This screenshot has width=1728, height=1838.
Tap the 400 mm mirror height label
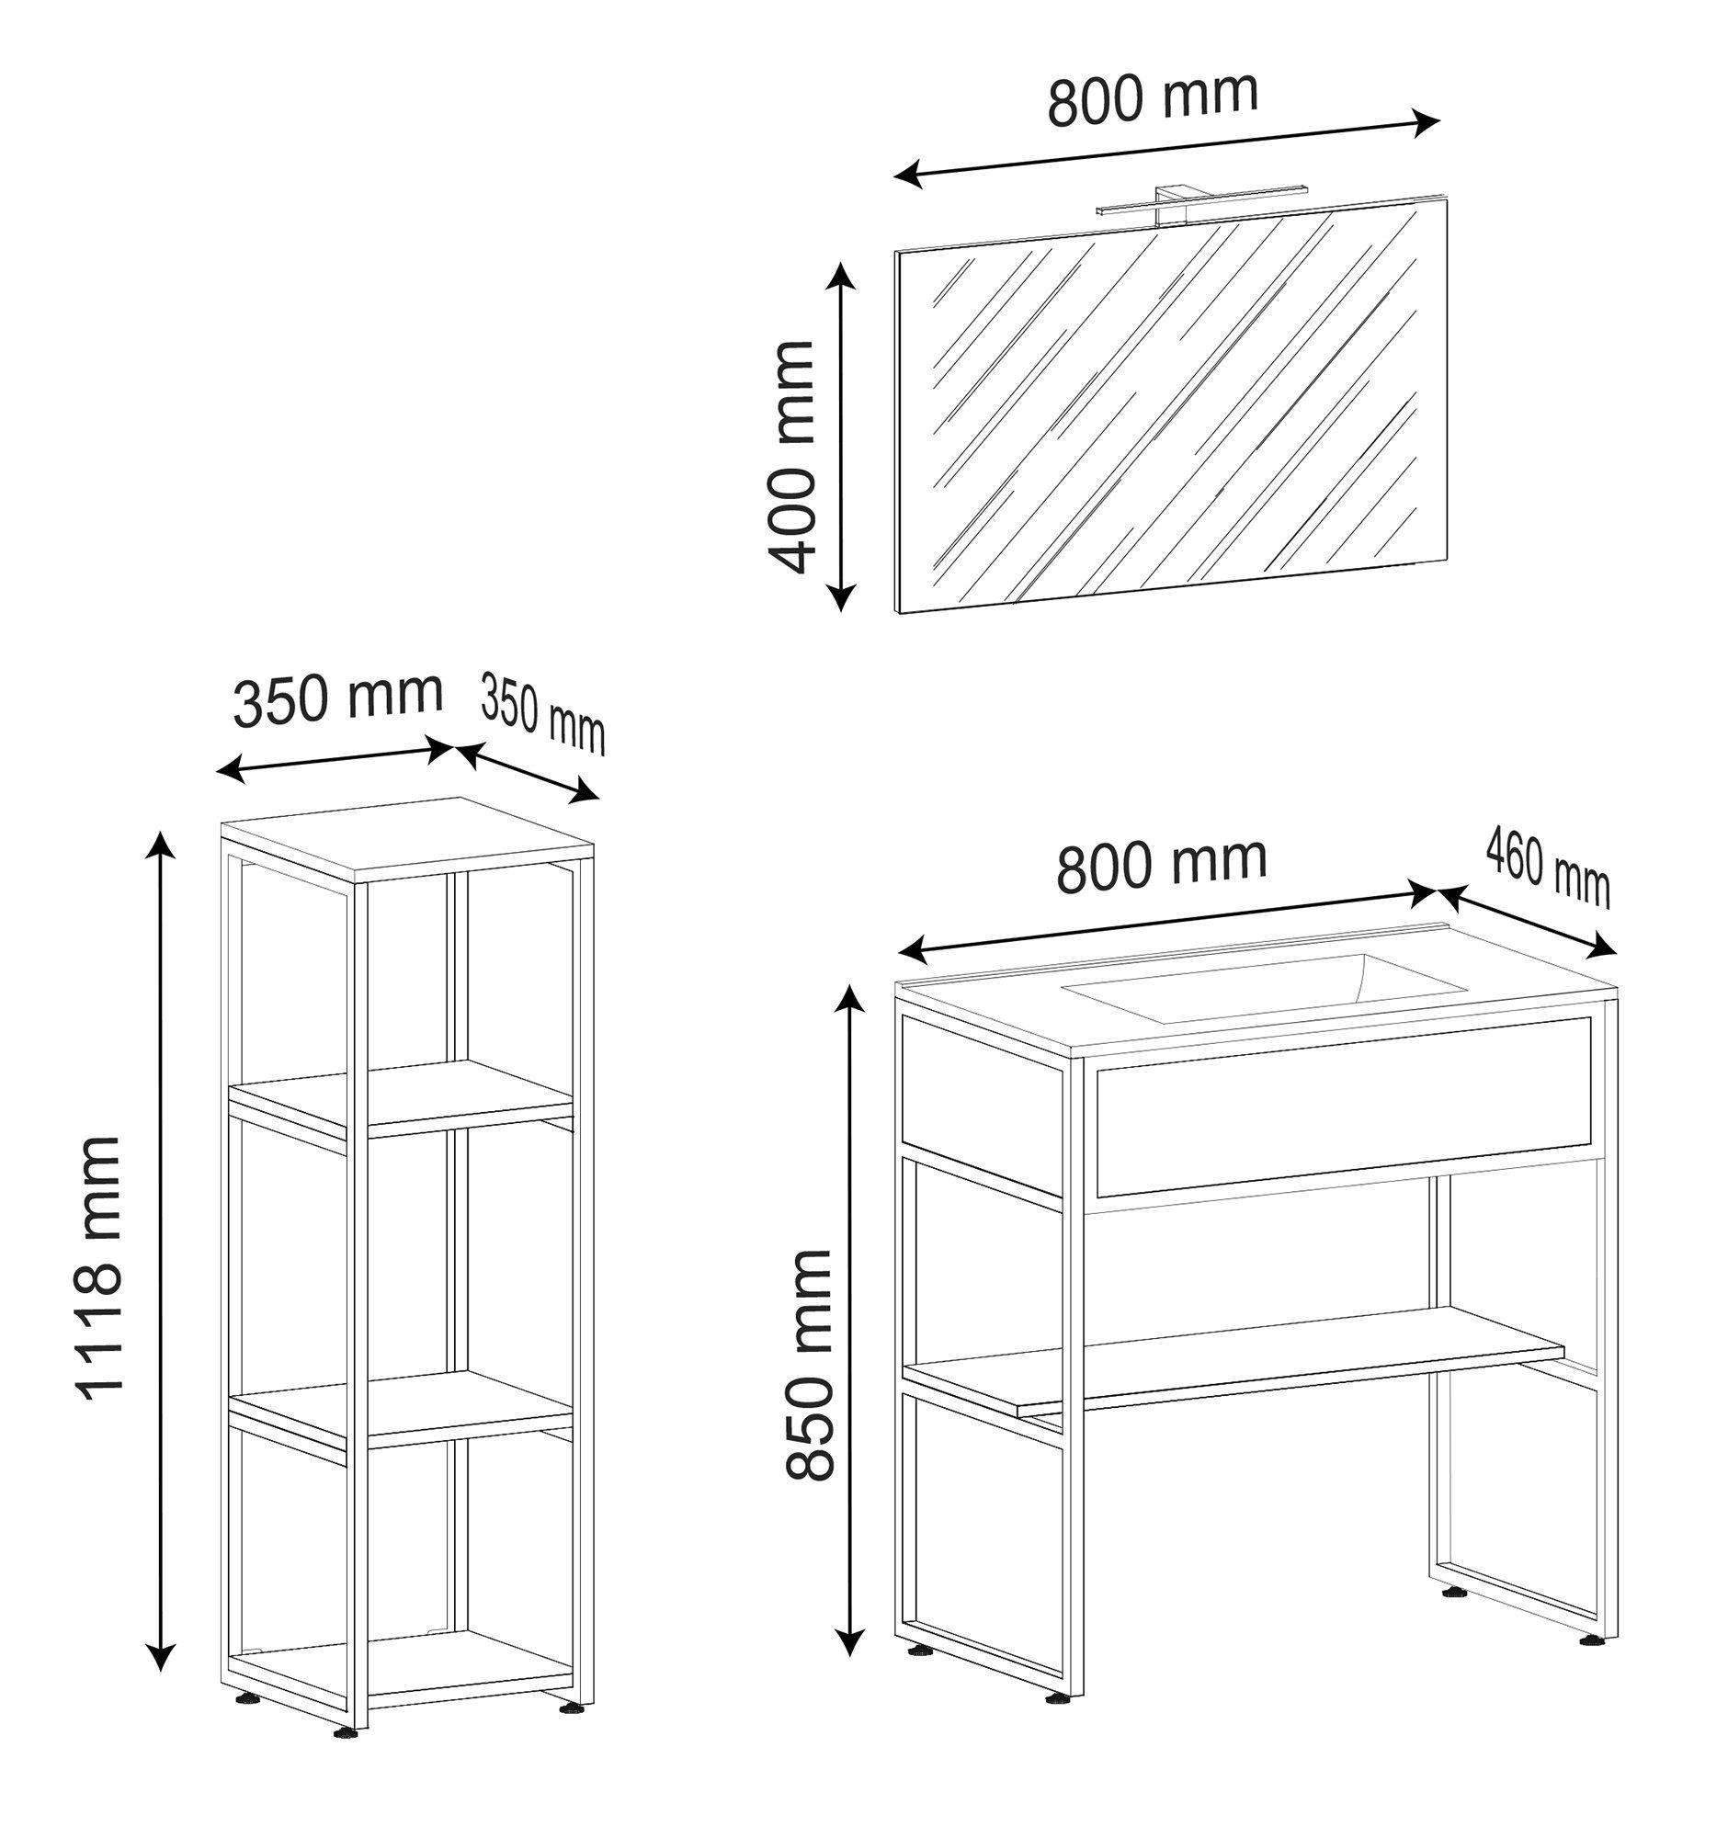(x=791, y=457)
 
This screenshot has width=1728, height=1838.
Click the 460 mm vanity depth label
(x=1548, y=869)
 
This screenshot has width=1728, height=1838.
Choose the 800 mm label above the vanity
(x=1161, y=865)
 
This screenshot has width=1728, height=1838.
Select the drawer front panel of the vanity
(x=1344, y=1105)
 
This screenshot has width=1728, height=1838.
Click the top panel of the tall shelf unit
(x=408, y=838)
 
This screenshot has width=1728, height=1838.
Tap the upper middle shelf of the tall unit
(x=402, y=1096)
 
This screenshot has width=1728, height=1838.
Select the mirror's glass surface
(x=1172, y=407)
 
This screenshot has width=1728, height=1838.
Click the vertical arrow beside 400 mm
(x=839, y=437)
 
